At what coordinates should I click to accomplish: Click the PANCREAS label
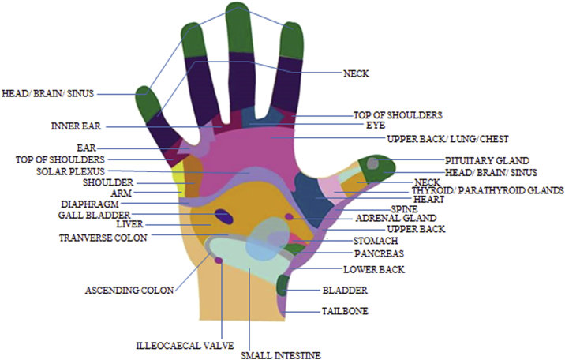pos(379,254)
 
